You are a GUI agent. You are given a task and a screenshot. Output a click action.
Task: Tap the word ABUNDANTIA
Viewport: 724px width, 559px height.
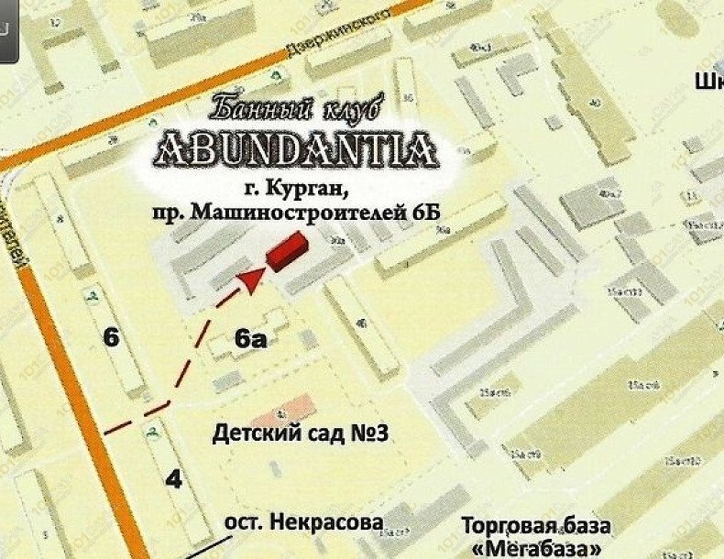click(x=295, y=148)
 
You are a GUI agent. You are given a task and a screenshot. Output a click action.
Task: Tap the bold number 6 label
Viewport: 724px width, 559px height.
click(x=111, y=337)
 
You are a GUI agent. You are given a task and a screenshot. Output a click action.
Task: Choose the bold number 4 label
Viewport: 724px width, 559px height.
click(x=175, y=478)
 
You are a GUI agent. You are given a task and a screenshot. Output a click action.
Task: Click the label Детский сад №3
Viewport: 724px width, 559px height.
click(x=302, y=432)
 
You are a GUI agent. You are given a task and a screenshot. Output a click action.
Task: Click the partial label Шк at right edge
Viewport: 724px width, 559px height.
click(x=708, y=82)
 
